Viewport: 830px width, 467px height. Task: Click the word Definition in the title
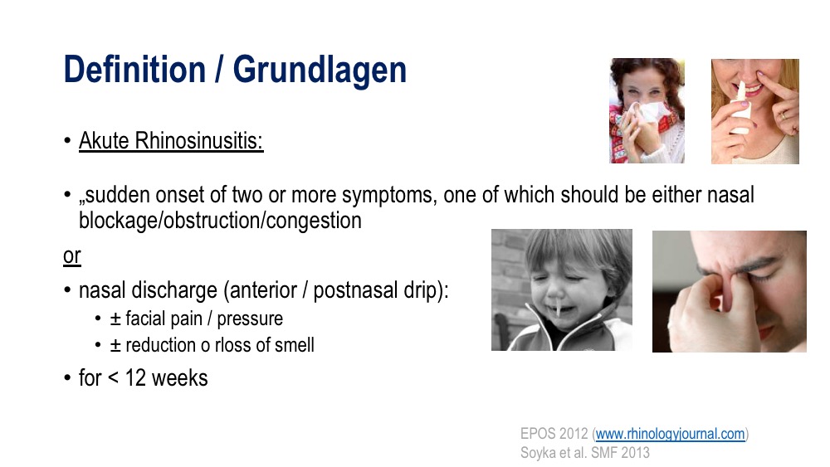click(x=134, y=70)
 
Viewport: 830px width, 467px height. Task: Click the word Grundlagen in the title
click(x=320, y=71)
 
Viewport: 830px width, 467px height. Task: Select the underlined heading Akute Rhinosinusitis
click(x=171, y=141)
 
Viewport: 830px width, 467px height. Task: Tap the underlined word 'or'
click(x=72, y=256)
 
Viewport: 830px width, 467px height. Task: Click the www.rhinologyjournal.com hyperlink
click(x=670, y=434)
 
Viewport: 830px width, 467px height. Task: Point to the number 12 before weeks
click(x=135, y=378)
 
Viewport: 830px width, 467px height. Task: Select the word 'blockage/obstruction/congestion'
click(x=220, y=221)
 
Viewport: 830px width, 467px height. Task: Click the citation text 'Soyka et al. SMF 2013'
click(x=585, y=453)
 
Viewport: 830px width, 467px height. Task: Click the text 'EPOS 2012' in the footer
click(x=554, y=434)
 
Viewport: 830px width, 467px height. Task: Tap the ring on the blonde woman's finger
click(x=784, y=116)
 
